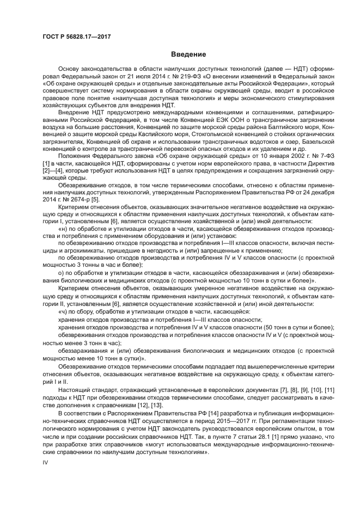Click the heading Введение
188,55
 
